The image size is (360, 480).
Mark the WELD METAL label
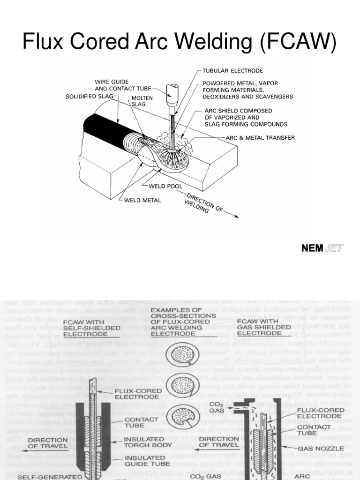click(142, 200)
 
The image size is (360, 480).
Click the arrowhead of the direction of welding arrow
click(236, 217)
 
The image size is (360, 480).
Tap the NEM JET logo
click(322, 248)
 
